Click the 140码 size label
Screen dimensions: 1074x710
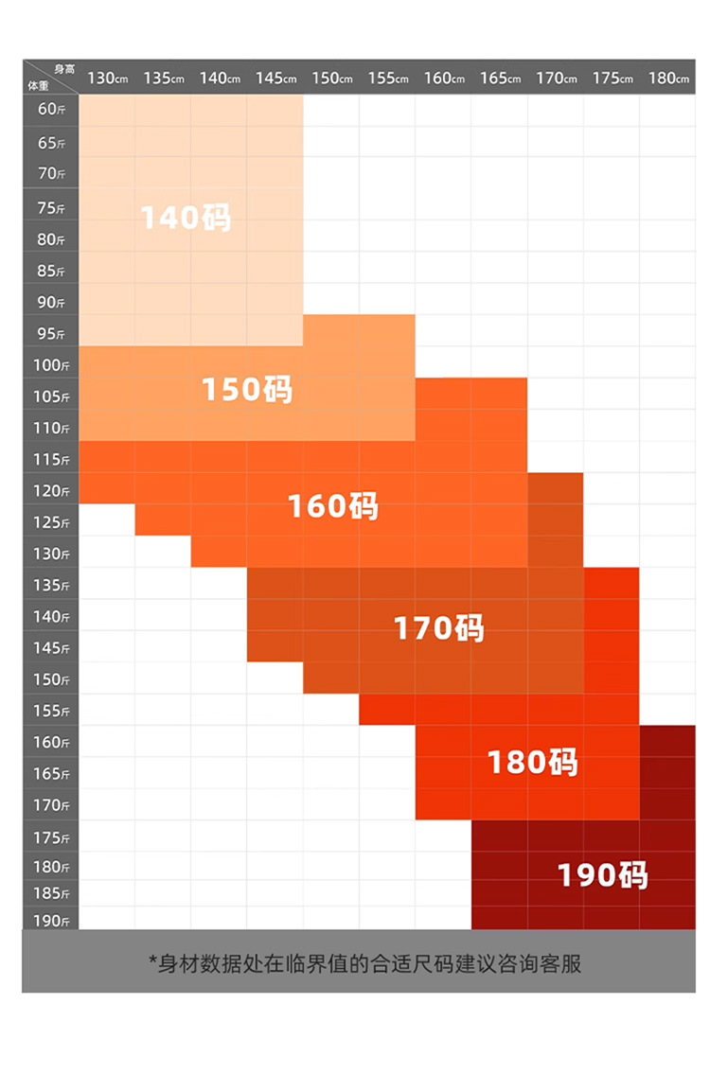pyautogui.click(x=186, y=219)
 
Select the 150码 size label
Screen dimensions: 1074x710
pyautogui.click(x=247, y=390)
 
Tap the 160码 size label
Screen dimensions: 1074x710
pyautogui.click(x=332, y=506)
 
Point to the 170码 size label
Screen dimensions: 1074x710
pyautogui.click(x=438, y=628)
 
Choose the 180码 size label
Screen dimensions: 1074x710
pyautogui.click(x=532, y=763)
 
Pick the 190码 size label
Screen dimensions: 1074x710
pyautogui.click(x=603, y=876)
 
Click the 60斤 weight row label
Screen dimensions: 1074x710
pyautogui.click(x=51, y=110)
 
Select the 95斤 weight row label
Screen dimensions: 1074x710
pyautogui.click(x=51, y=334)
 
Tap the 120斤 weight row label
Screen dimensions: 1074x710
pyautogui.click(x=51, y=491)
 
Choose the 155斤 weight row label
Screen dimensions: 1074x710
pyautogui.click(x=51, y=711)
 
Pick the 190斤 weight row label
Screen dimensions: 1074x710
pyautogui.click(x=51, y=921)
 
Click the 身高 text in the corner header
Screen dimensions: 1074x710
pyautogui.click(x=63, y=69)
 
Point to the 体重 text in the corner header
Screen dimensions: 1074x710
pyautogui.click(x=37, y=85)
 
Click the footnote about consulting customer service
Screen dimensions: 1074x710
pyautogui.click(x=364, y=963)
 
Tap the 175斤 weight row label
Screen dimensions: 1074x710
pyautogui.click(x=51, y=838)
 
